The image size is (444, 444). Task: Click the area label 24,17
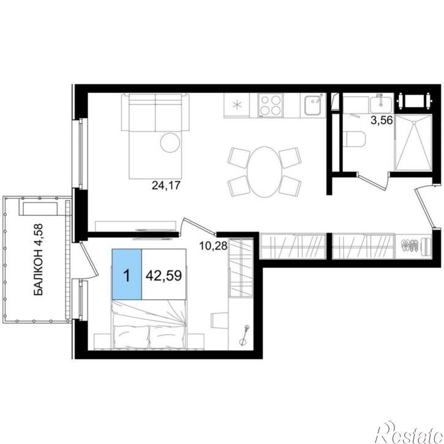click(x=166, y=186)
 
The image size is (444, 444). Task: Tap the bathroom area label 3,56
click(x=382, y=121)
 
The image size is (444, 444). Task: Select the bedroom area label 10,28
click(x=213, y=246)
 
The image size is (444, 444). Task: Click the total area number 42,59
click(x=164, y=275)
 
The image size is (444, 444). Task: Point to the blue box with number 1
click(x=127, y=274)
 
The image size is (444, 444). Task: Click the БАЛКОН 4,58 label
click(x=38, y=260)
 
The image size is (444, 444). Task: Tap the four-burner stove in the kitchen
click(x=271, y=105)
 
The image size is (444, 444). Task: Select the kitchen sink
click(x=313, y=105)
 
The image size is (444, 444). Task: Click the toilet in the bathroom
click(x=354, y=139)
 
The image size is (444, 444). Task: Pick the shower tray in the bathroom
click(x=413, y=143)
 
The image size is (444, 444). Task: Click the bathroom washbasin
click(x=381, y=104)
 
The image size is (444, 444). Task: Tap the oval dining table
click(x=265, y=171)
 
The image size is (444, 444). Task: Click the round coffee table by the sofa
click(x=170, y=143)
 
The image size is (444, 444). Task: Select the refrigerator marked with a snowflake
click(x=237, y=105)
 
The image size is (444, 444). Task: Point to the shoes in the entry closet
click(x=410, y=245)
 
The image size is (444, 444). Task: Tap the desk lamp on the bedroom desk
click(x=244, y=335)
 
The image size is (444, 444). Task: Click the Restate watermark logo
click(x=408, y=432)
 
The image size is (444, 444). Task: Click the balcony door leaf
click(x=89, y=258)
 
